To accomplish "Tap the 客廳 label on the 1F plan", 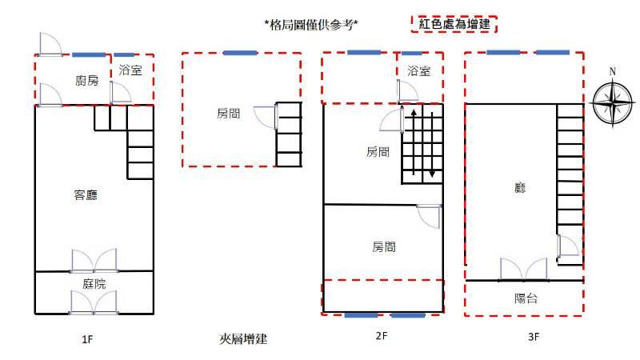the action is coord(86,195).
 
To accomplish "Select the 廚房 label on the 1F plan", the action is coord(87,81).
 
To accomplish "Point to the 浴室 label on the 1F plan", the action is coord(130,70).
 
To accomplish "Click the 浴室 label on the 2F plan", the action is coord(418,71).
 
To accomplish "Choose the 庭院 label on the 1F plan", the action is coord(94,283).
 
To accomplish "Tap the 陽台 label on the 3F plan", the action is coord(526,298).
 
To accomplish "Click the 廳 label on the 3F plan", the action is coord(520,188).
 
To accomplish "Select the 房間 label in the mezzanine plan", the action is coord(229,114).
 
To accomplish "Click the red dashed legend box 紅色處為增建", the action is coord(454,24).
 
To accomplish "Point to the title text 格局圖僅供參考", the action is coord(311,25).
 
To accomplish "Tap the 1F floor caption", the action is coord(87,339).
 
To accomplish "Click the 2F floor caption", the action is coord(382,336).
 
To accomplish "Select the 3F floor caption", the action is coord(534,337).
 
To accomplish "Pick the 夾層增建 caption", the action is coord(243,338).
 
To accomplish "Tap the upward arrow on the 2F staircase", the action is coord(414,142).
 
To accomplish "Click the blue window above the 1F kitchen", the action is coord(89,54).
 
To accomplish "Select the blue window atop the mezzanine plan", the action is coord(241,53).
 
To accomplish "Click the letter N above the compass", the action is coord(613,71).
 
